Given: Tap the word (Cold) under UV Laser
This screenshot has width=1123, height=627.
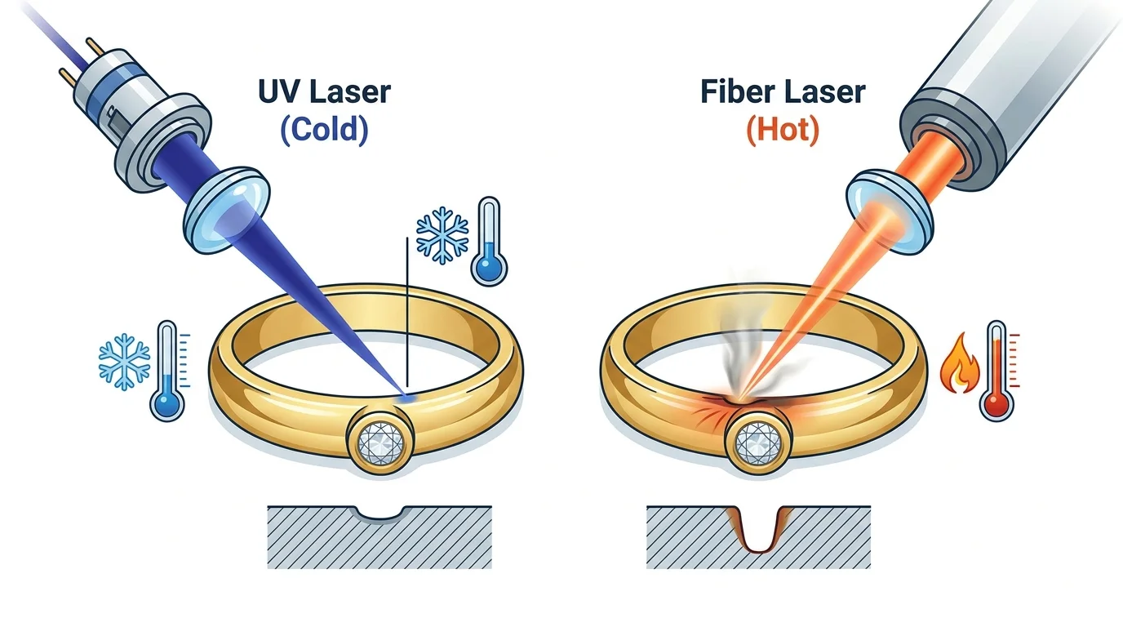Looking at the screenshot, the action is (324, 130).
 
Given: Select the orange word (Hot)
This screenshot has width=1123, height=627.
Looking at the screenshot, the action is (783, 130).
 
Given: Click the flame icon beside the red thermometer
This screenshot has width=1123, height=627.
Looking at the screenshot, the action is (960, 363).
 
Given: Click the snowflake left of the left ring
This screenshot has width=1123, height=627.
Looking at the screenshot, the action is (124, 361).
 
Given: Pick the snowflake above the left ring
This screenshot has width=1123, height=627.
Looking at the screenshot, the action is (442, 235).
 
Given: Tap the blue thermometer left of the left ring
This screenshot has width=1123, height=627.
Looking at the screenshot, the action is (169, 371).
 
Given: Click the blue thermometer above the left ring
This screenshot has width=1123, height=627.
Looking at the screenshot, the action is (489, 242).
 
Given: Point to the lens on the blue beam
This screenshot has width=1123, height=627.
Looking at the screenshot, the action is (225, 210).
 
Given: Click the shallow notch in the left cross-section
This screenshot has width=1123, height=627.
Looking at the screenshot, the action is (380, 513).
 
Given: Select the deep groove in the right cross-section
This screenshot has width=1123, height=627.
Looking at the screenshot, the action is (760, 530).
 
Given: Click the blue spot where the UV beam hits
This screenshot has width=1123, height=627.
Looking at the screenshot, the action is (406, 398).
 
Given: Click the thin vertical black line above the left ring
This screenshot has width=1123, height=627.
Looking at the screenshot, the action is (407, 312).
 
